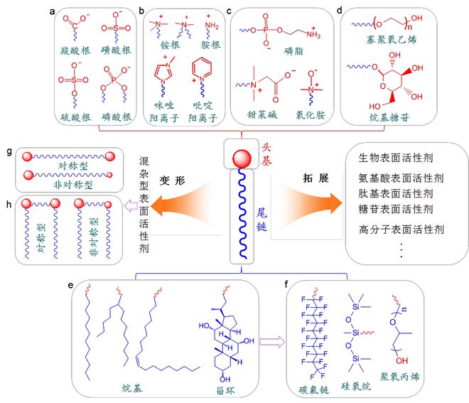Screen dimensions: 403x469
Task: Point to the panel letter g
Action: tap(9, 152)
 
